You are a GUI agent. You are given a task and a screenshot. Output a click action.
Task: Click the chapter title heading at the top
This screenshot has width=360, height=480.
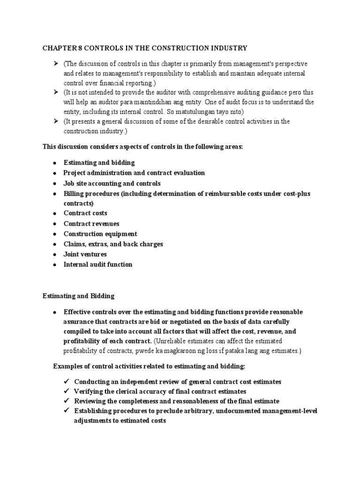[x=145, y=48]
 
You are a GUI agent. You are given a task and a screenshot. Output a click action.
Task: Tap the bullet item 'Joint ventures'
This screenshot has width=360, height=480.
[x=85, y=254]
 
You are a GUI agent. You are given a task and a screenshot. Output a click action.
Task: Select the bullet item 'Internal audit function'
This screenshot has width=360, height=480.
[x=98, y=264]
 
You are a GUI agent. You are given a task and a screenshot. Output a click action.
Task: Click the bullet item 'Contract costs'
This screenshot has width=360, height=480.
[x=85, y=213]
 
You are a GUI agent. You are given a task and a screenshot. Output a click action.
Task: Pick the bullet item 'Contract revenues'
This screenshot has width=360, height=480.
[x=91, y=224]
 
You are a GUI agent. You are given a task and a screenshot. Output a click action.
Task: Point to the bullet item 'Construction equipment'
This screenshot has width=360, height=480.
[x=100, y=234]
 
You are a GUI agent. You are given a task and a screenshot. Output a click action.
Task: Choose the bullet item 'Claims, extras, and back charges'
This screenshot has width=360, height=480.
[x=113, y=244]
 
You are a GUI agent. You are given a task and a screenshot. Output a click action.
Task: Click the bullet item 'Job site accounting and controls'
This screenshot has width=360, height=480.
[x=112, y=183]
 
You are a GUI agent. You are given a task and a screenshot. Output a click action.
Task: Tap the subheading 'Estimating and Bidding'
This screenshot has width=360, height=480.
[x=78, y=296]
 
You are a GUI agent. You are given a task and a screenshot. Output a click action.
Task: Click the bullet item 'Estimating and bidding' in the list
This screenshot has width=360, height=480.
[x=99, y=163]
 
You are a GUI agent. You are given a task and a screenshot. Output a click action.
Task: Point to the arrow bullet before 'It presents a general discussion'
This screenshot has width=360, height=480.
[x=55, y=121]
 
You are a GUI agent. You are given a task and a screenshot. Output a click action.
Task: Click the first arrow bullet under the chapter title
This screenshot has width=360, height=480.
[x=55, y=63]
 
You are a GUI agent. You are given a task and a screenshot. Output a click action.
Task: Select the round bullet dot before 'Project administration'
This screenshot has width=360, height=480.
[x=55, y=173]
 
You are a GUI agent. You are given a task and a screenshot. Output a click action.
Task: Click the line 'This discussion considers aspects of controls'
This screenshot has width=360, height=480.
[x=142, y=147]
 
